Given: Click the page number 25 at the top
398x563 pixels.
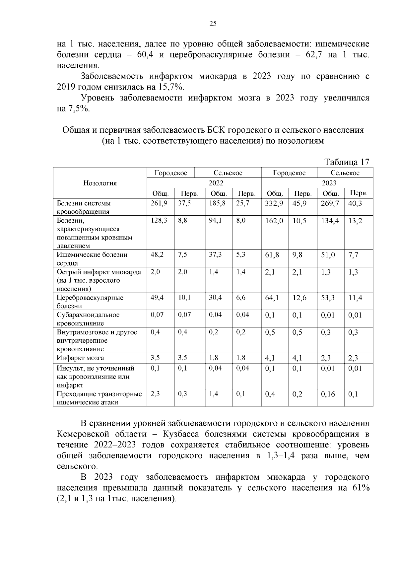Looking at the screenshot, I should (213, 24).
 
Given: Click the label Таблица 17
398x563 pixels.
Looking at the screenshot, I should (347, 162).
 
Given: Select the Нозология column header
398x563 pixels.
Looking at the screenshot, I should (100, 183).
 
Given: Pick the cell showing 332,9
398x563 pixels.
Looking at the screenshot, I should (274, 204).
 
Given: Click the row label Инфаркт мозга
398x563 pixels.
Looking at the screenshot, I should (80, 358).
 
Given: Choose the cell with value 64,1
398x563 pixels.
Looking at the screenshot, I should (272, 298).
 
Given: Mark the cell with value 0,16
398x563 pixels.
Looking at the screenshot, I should (328, 394).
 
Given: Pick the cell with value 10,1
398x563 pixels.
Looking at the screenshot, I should (184, 298).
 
